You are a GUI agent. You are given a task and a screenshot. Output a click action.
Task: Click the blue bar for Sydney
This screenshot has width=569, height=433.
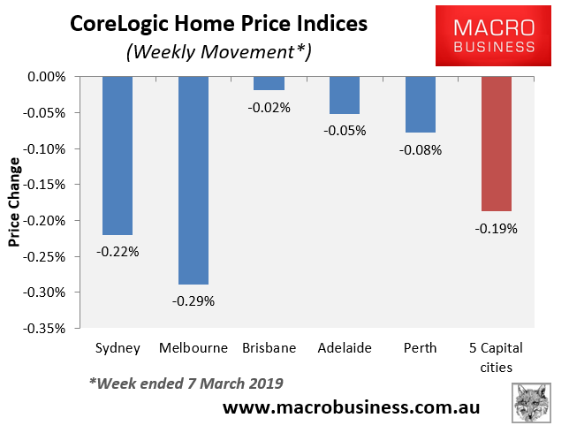coord(118,156)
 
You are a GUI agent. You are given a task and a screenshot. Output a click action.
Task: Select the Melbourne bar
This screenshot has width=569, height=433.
coord(193,180)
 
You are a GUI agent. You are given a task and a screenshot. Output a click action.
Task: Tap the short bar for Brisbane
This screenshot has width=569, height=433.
coord(269,83)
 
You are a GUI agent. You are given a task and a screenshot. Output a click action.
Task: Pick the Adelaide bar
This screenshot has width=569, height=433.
coord(345,95)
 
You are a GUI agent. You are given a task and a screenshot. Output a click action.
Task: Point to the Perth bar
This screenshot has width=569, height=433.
coord(421,104)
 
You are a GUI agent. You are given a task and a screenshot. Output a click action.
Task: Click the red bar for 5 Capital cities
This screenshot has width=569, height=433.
coord(496,144)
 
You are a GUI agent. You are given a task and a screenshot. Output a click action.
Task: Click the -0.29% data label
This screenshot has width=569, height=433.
coord(193,301)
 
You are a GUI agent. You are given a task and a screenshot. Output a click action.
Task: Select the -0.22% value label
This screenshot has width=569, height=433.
coord(118,252)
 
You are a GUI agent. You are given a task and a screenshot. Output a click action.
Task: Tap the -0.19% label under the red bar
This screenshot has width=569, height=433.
coord(496,229)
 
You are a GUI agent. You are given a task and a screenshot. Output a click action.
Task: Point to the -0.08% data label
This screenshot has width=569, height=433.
coord(421,150)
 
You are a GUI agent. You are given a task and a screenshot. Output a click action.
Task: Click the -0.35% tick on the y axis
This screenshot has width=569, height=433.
coord(44,329)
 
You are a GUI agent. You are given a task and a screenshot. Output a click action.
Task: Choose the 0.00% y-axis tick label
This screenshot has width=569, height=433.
coord(47,77)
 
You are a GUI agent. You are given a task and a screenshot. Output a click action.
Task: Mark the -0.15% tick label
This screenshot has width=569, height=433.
coord(44,185)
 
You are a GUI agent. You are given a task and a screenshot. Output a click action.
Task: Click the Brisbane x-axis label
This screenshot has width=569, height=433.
coord(269,347)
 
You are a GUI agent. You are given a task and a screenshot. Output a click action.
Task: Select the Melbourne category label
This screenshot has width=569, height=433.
coord(193,347)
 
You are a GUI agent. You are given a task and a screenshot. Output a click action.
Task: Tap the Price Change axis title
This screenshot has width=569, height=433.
coord(14,202)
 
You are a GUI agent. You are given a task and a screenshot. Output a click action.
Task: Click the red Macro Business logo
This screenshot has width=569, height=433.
coord(493,35)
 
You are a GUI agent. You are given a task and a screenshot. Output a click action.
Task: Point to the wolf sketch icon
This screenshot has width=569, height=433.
coord(531,402)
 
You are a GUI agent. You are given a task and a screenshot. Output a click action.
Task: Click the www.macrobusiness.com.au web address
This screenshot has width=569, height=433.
coord(351,406)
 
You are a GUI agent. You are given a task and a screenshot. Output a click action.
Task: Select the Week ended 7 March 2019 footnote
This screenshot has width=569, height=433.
coord(186,384)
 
